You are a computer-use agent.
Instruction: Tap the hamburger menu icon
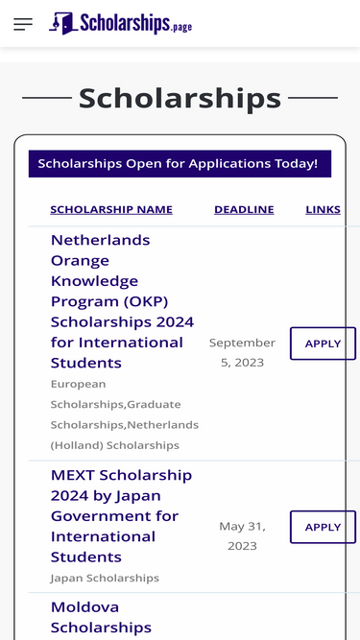pos(23,24)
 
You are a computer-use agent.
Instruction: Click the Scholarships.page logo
pos(121,23)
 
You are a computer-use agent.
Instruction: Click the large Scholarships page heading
pos(180,98)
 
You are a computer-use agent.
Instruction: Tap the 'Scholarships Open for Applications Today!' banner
pos(179,163)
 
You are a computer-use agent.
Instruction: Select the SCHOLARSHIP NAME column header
pos(111,209)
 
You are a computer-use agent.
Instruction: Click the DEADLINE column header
pos(244,209)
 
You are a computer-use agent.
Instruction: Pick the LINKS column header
pos(323,209)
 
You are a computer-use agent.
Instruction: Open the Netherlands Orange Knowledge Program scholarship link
pos(122,300)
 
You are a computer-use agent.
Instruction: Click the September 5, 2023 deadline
pos(242,352)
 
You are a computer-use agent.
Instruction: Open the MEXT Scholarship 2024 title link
pos(121,515)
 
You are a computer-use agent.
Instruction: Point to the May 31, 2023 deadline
pos(242,535)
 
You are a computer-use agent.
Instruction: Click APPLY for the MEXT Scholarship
pos(323,527)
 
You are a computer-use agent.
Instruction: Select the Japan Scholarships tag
pos(105,578)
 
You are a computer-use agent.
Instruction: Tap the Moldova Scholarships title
pos(101,617)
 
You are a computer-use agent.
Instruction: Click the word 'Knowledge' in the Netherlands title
pos(94,280)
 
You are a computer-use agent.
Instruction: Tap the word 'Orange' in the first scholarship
pos(80,260)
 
